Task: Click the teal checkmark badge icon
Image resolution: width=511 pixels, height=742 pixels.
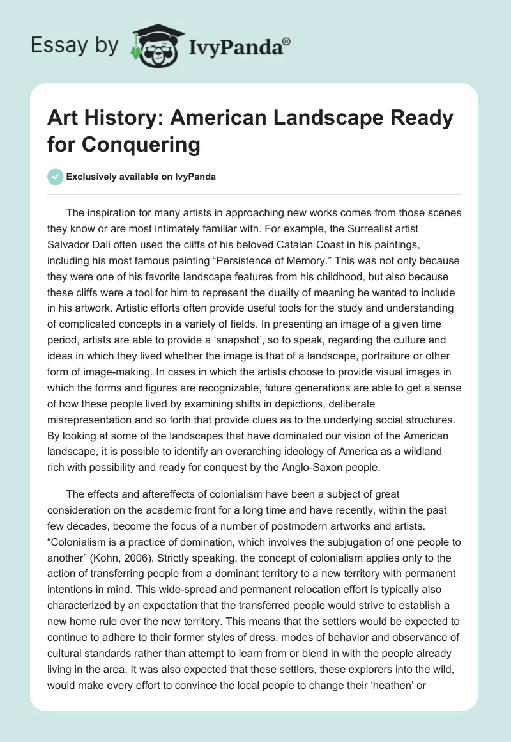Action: click(x=56, y=177)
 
